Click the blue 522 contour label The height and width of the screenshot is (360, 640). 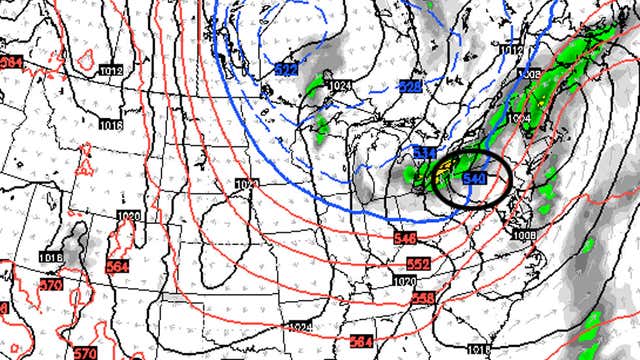click(286, 69)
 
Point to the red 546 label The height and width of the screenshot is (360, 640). click(404, 238)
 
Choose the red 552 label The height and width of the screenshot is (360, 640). click(418, 263)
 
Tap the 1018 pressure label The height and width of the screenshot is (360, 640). click(52, 259)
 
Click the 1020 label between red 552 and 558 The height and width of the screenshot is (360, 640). click(404, 282)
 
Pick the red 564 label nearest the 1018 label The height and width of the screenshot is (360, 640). click(117, 267)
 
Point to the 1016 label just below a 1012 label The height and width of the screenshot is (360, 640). click(110, 125)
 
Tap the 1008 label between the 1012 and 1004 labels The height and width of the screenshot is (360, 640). click(532, 75)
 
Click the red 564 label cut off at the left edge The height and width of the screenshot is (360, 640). click(10, 62)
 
